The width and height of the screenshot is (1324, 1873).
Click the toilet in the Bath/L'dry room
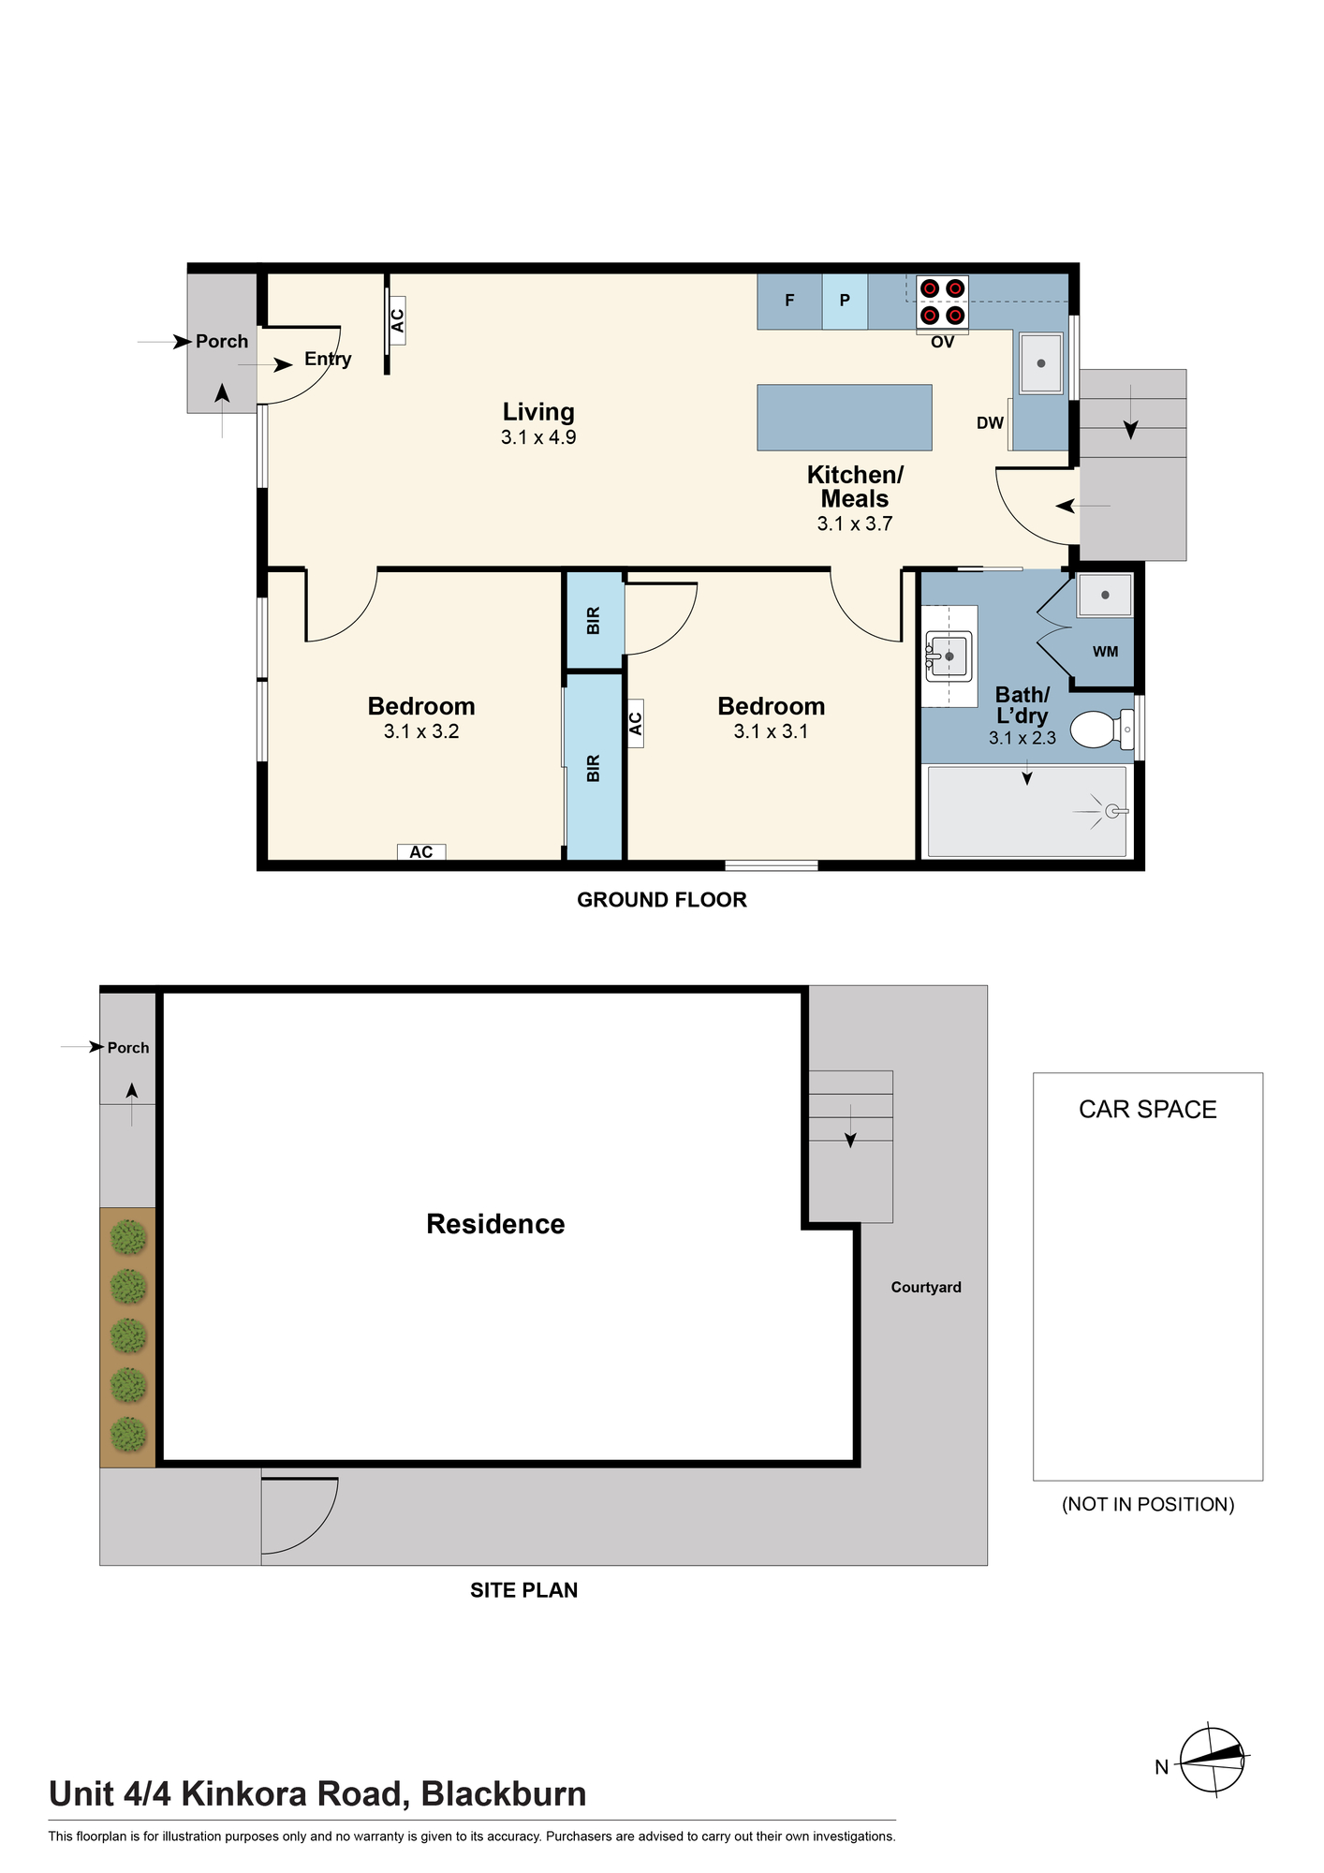click(x=1101, y=730)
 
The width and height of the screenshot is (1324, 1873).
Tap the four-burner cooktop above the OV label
click(x=942, y=302)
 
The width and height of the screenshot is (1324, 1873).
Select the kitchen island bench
click(x=845, y=417)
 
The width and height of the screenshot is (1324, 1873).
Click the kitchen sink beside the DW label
click(x=1040, y=363)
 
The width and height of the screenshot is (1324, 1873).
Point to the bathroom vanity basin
click(x=949, y=656)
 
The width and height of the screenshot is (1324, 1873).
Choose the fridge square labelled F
click(x=789, y=301)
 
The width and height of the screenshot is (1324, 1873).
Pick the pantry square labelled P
click(x=845, y=301)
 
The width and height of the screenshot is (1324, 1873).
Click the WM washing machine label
click(x=1105, y=652)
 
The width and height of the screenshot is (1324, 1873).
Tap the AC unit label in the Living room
click(x=397, y=320)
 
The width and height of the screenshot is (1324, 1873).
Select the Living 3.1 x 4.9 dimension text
click(x=538, y=437)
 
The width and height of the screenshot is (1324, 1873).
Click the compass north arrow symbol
click(x=1212, y=1761)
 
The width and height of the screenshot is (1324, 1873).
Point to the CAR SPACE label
click(x=1148, y=1110)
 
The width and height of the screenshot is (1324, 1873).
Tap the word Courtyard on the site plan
click(x=926, y=1287)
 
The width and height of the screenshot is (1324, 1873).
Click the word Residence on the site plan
click(x=495, y=1224)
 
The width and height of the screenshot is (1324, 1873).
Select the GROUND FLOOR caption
click(x=662, y=900)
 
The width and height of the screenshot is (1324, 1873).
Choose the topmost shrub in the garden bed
click(x=128, y=1238)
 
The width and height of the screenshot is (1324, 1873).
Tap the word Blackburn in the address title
click(x=504, y=1794)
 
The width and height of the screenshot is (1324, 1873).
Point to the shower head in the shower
click(x=1113, y=811)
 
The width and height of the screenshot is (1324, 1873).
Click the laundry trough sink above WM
click(x=1105, y=595)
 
